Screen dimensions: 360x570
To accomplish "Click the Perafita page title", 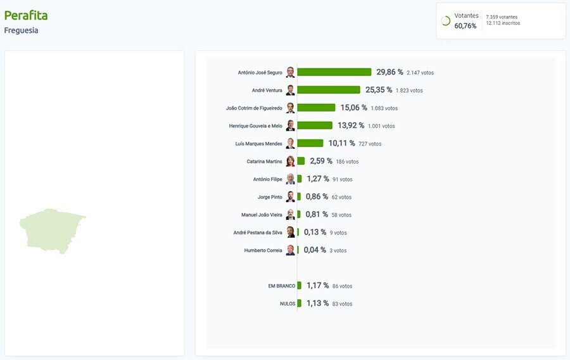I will pyautogui.click(x=26, y=15).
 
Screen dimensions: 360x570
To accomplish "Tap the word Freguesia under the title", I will pyautogui.click(x=21, y=30).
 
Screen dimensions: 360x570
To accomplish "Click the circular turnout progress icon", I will pyautogui.click(x=445, y=21).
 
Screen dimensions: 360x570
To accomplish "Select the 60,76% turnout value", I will pyautogui.click(x=465, y=26).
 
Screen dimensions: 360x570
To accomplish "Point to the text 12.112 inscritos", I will pyautogui.click(x=503, y=23).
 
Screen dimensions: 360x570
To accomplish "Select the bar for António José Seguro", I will pyautogui.click(x=334, y=72).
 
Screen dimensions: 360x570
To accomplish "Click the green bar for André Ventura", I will pyautogui.click(x=328, y=90).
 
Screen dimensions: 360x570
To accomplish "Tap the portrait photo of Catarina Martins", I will pyautogui.click(x=290, y=161).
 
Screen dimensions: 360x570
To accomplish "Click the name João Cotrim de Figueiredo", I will pyautogui.click(x=254, y=108).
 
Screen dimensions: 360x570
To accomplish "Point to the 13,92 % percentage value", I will pyautogui.click(x=351, y=125).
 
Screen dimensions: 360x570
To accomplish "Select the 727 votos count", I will pyautogui.click(x=370, y=144).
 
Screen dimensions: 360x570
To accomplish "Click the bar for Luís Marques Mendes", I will pyautogui.click(x=310, y=143).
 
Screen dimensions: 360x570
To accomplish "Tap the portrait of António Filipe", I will pyautogui.click(x=290, y=179).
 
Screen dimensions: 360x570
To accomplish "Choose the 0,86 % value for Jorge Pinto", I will pyautogui.click(x=317, y=196).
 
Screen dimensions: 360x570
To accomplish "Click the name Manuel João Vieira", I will pyautogui.click(x=262, y=215).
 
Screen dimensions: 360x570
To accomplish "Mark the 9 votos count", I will pyautogui.click(x=338, y=233).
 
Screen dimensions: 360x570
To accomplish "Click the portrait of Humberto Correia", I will pyautogui.click(x=290, y=250).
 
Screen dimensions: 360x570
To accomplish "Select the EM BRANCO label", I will pyautogui.click(x=282, y=286).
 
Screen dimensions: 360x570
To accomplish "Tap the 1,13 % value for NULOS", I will pyautogui.click(x=317, y=303).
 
